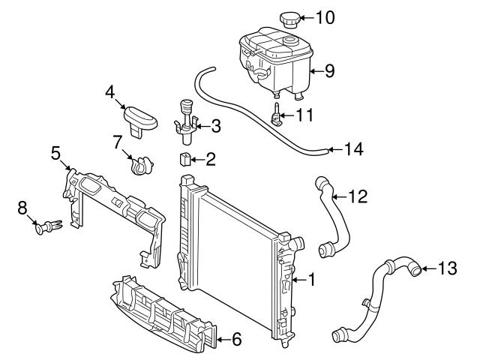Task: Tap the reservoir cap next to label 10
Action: tap(289, 18)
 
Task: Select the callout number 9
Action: tap(329, 71)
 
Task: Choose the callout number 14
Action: tap(355, 149)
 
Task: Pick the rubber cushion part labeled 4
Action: tap(141, 118)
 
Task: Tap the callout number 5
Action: tap(55, 153)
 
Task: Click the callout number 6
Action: tap(235, 340)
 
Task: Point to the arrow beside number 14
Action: tap(337, 149)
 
